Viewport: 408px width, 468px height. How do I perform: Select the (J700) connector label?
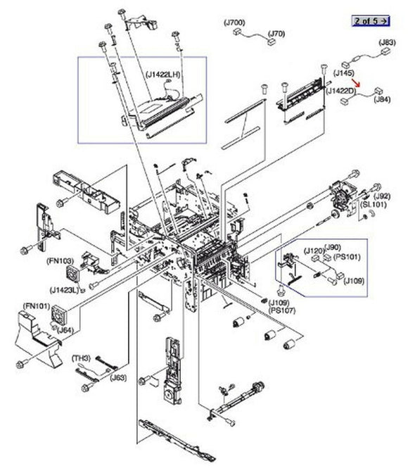point(234,23)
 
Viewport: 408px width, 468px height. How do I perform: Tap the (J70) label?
point(277,33)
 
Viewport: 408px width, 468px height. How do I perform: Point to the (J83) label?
point(387,42)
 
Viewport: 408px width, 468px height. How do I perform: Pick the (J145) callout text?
point(343,73)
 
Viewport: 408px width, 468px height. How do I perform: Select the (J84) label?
point(383,99)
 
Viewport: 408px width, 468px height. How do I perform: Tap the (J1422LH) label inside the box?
point(163,72)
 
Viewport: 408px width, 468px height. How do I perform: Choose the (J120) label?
point(314,250)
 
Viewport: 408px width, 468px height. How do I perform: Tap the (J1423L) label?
point(65,289)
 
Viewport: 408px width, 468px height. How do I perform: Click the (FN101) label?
point(35,307)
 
